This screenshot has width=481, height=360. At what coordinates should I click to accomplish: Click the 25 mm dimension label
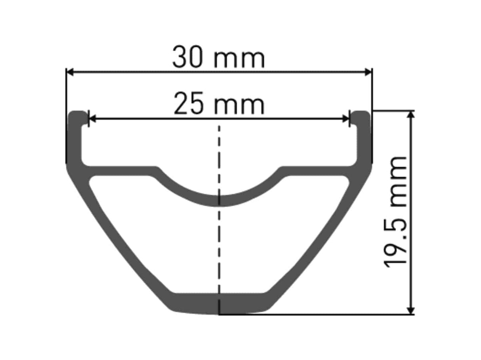219,103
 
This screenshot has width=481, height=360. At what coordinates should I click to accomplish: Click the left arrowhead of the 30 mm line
70,72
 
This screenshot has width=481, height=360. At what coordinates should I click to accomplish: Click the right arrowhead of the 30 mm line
368,72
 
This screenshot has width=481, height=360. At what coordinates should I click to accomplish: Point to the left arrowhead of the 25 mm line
92,119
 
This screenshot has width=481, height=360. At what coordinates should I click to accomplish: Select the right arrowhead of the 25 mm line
345,119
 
